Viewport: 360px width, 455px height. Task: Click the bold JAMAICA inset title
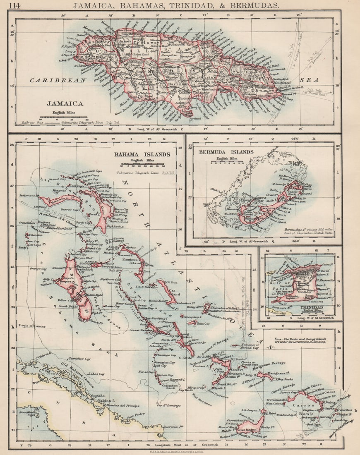tap(65, 104)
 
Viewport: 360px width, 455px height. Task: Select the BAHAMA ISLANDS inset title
tap(142, 154)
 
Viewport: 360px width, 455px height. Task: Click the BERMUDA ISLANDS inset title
tap(226, 152)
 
